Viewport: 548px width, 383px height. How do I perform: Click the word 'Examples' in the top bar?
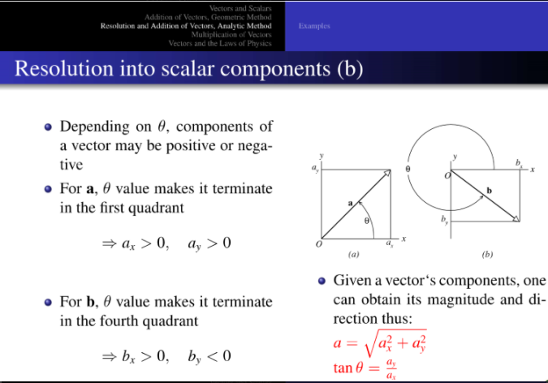tap(314, 26)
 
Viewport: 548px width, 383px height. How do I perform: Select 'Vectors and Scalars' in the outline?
tap(243, 7)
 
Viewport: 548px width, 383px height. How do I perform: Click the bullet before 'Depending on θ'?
tap(49, 127)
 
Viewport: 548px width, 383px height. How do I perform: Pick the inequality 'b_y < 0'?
tap(209, 355)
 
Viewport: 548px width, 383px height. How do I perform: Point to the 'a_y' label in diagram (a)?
tap(314, 169)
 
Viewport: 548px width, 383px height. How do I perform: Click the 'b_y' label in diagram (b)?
tap(444, 220)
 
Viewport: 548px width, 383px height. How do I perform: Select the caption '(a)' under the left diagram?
tap(354, 254)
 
